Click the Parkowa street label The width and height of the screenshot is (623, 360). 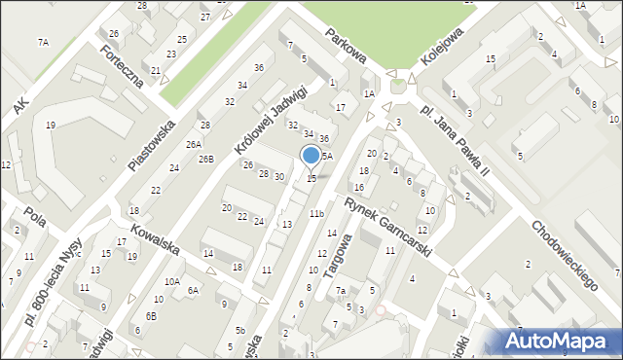[x=346, y=45]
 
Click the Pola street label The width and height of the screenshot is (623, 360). [x=36, y=216]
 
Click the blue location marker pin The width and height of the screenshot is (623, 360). [x=311, y=156]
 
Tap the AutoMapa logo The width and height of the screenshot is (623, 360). [x=560, y=340]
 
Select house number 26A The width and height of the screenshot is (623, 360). [x=194, y=143]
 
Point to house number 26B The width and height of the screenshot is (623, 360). [x=205, y=159]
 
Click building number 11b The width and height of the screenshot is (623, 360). [x=316, y=213]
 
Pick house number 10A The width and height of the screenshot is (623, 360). [x=171, y=281]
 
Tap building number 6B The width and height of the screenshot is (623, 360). [x=151, y=316]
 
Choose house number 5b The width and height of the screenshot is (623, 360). [x=239, y=330]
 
